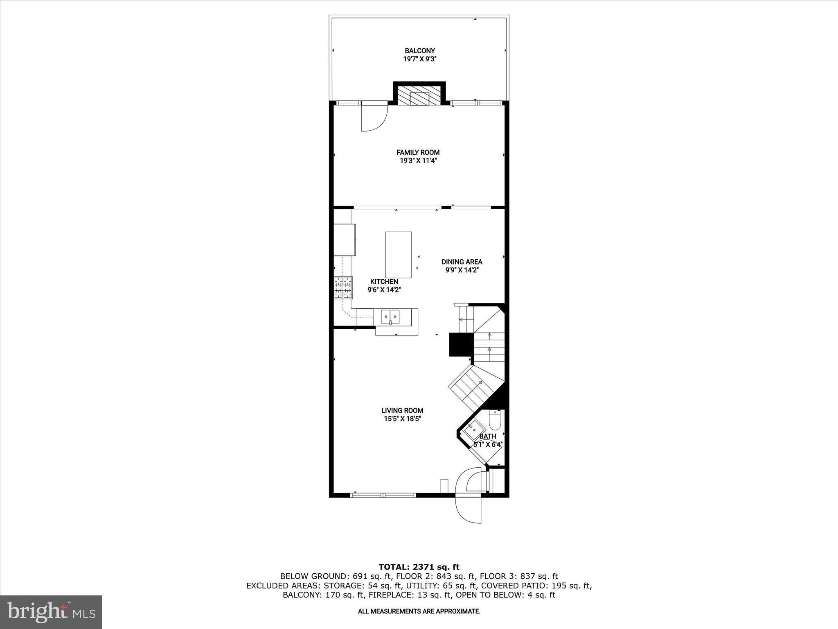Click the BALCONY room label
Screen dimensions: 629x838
click(419, 51)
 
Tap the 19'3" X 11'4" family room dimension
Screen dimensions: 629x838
click(418, 161)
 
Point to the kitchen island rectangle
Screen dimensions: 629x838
click(398, 255)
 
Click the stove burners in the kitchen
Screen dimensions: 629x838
click(343, 287)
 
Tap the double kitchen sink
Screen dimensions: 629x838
click(390, 316)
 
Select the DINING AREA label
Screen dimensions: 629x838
click(462, 262)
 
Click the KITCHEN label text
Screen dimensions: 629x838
click(384, 282)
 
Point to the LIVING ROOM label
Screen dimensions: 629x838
click(402, 410)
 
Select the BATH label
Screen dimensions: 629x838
click(488, 437)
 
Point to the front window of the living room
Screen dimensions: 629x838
click(383, 495)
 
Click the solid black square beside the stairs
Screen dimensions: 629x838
click(461, 344)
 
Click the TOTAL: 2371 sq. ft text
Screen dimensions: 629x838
click(419, 567)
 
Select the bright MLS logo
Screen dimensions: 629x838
click(51, 612)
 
